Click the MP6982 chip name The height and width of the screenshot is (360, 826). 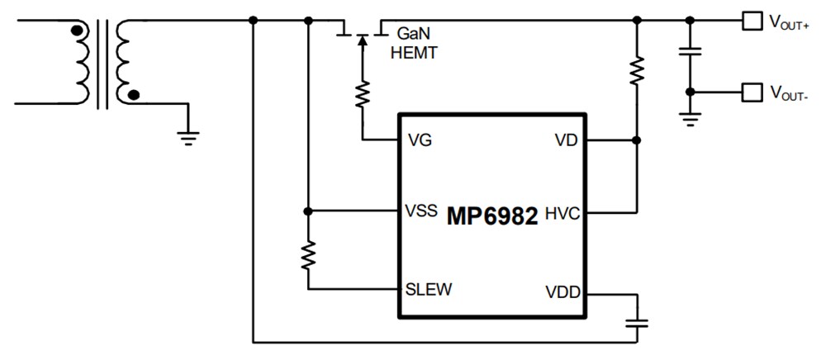tap(493, 216)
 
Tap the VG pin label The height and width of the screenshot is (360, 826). tap(420, 140)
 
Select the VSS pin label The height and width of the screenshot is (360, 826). tap(422, 211)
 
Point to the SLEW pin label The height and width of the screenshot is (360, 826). tap(428, 289)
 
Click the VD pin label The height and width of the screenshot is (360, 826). tap(565, 140)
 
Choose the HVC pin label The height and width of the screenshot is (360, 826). tap(561, 216)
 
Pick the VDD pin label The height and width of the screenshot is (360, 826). tap(562, 292)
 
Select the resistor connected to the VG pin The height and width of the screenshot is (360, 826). tap(361, 95)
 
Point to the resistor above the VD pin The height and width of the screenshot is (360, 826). tap(636, 70)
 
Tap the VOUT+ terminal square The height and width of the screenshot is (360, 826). tap(749, 21)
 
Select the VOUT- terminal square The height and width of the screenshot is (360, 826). tap(749, 92)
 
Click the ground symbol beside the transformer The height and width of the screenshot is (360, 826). tap(189, 136)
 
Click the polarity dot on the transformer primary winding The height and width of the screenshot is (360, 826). tap(77, 32)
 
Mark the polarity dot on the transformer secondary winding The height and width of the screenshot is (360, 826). tap(134, 96)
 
